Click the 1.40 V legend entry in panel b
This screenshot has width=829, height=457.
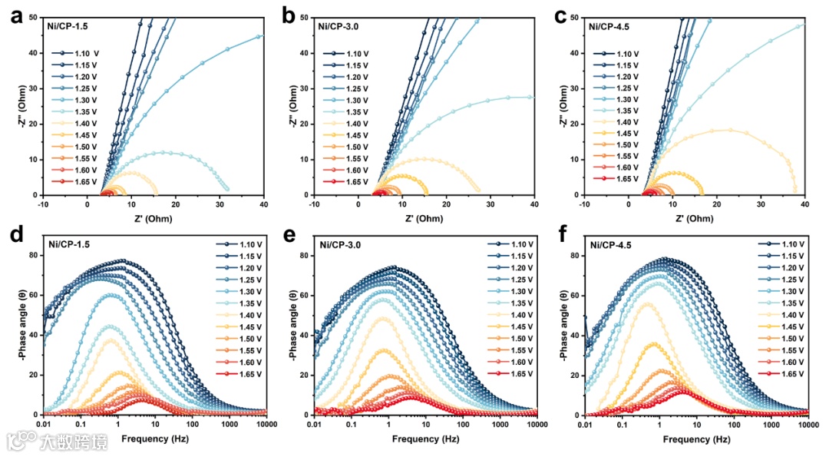pos(350,124)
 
